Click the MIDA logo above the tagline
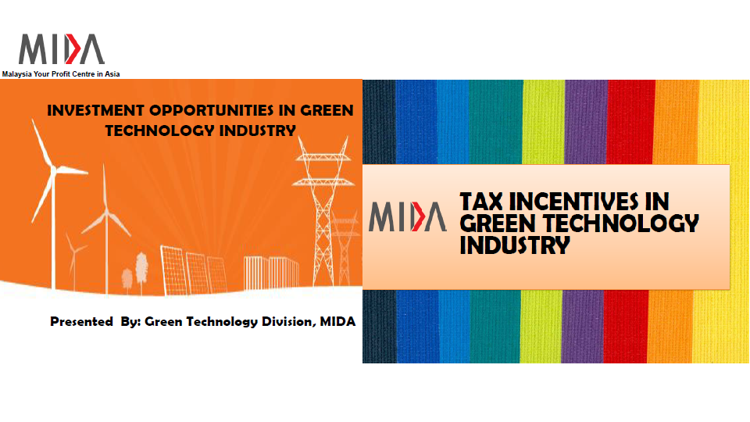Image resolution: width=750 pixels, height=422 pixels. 61,48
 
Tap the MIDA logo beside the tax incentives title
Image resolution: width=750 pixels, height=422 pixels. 408,216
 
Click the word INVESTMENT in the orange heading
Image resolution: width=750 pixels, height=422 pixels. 95,110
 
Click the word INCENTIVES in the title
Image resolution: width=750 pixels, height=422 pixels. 589,202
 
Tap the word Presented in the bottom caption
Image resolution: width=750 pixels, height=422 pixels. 81,321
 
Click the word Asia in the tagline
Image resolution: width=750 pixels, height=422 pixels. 112,74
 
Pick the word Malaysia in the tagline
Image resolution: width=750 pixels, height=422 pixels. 16,74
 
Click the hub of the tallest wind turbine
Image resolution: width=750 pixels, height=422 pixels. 53,169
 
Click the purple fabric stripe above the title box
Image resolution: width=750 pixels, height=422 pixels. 586,122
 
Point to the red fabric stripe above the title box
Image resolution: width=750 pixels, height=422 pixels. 630,122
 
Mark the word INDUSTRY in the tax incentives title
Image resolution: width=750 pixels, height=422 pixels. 515,245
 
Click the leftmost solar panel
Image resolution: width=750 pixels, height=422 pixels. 174,270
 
